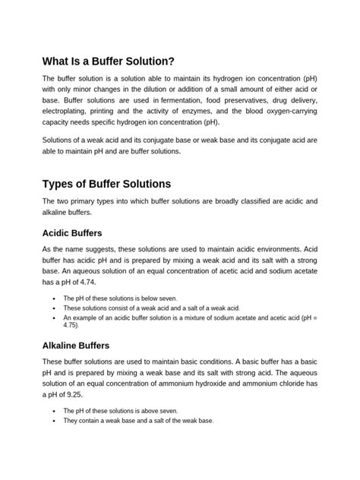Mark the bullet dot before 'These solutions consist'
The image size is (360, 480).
[x=53, y=308]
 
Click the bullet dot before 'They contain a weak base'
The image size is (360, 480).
[x=53, y=420]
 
